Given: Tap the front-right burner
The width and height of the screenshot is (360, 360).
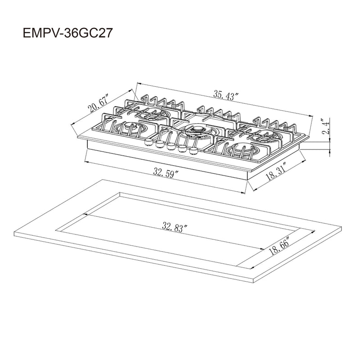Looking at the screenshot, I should (243, 150).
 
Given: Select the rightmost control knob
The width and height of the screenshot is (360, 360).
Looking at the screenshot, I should (194, 150).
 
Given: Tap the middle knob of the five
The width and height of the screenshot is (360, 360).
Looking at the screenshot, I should (170, 146).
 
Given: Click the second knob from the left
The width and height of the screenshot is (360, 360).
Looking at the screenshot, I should (159, 144).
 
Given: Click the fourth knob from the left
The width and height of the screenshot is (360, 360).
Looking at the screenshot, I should (182, 148).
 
